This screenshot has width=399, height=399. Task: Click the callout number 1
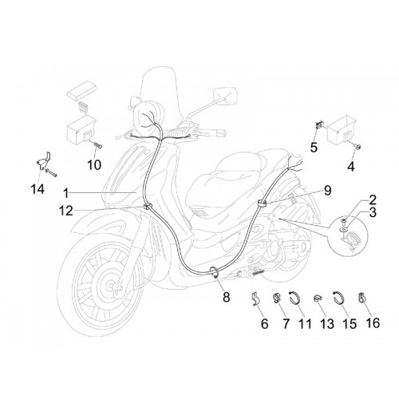[x=65, y=193]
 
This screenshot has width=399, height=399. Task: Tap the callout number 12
[x=65, y=211]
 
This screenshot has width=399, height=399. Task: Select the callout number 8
[x=226, y=297]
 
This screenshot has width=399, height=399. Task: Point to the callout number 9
[x=327, y=191]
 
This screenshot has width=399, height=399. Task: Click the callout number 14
[x=38, y=189]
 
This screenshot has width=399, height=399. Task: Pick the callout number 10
[x=94, y=165]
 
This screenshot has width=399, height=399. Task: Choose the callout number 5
[x=314, y=147]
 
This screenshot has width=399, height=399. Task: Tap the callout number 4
[x=351, y=167]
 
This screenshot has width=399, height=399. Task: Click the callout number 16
[x=373, y=323]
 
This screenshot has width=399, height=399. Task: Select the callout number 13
[x=327, y=323]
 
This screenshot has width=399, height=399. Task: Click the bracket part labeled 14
[x=44, y=161]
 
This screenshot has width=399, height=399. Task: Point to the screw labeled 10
[x=98, y=145]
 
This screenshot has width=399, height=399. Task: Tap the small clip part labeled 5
[x=318, y=124]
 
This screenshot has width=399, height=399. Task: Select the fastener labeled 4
[x=359, y=146]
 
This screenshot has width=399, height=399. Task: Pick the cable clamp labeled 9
[x=262, y=204]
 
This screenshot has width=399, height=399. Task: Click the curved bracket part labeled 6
[x=255, y=298]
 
